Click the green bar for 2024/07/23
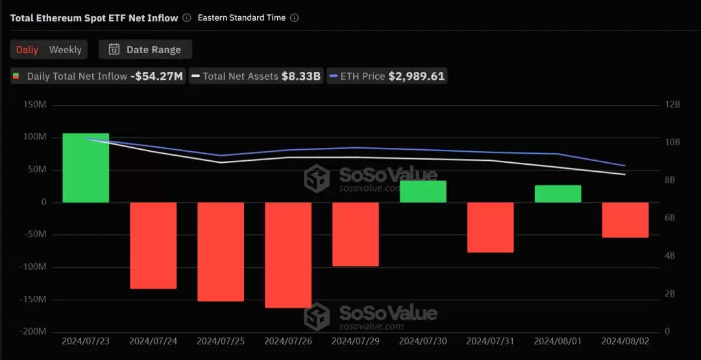pos(86,168)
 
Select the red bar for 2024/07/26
pos(288,255)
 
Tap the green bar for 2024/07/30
pos(423,191)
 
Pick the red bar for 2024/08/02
pos(625,220)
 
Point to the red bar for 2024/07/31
pos(490,227)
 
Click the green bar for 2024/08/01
pos(558,194)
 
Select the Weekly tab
pos(66,49)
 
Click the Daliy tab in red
pos(27,49)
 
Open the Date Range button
pos(145,49)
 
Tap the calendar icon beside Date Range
pos(114,49)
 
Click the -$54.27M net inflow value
pos(156,76)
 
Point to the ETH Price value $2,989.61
pos(416,76)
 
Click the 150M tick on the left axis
pos(34,105)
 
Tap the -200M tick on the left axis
pos(32,331)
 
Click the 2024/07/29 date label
pos(356,341)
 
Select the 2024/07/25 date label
pos(221,341)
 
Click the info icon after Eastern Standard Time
pos(294,18)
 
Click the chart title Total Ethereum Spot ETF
pos(94,18)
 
